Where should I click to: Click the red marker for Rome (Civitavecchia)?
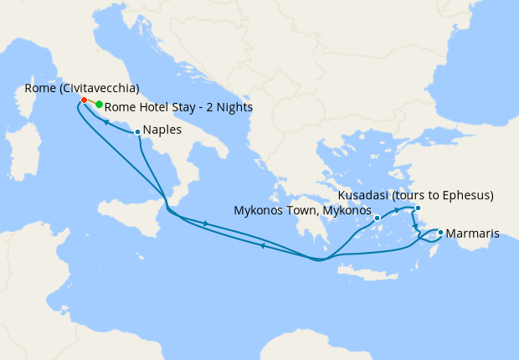84,100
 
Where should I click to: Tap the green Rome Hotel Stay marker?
99,105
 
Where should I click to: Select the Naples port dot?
137,131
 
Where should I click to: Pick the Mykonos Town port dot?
378,218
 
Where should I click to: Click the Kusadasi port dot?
418,208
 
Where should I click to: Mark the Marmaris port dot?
440,232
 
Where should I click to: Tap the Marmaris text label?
473,234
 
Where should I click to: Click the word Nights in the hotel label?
234,107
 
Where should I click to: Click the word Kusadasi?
365,196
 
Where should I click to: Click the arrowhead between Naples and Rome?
107,121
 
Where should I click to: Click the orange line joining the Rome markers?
91,103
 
